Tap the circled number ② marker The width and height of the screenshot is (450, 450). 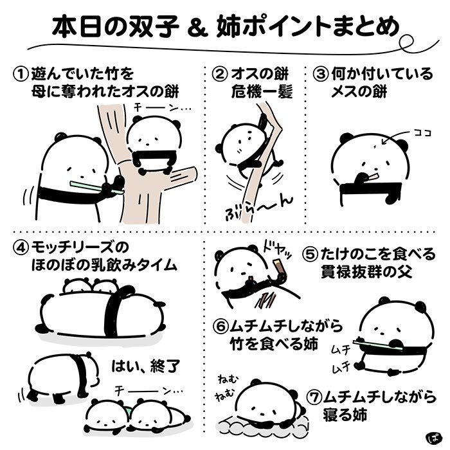(x=221, y=74)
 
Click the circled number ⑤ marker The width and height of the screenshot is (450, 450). (x=311, y=253)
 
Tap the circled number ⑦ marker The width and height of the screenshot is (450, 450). (x=314, y=396)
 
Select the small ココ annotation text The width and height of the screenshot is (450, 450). (x=422, y=133)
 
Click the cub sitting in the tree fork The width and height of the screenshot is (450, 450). (x=152, y=145)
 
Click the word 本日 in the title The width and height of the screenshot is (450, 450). (x=80, y=27)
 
